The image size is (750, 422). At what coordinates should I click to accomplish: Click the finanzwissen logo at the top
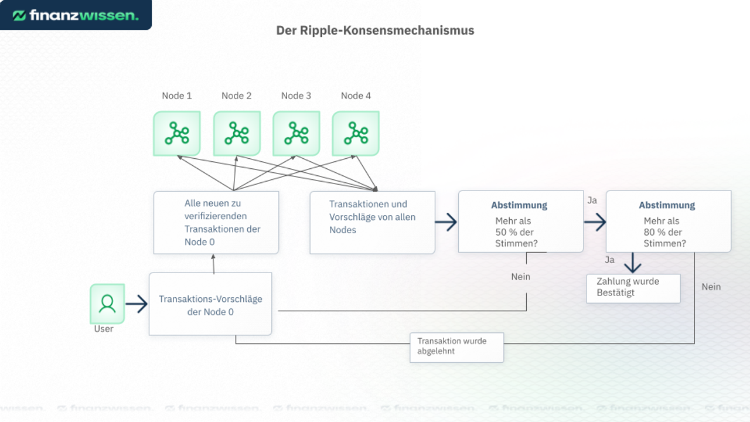click(75, 15)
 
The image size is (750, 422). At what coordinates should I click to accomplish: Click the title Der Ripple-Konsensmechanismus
click(375, 30)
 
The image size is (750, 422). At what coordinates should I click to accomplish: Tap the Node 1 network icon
click(177, 134)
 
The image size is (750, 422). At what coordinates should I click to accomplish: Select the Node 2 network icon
click(237, 134)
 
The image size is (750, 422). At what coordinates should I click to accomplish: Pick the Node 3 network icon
click(296, 134)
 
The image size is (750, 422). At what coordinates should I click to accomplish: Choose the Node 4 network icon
click(356, 134)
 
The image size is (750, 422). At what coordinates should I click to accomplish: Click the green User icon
click(107, 304)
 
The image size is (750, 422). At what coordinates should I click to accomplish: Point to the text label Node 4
click(356, 96)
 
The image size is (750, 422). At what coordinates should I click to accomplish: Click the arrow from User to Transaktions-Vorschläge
click(137, 304)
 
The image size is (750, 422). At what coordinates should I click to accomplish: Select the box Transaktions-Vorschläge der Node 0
click(210, 304)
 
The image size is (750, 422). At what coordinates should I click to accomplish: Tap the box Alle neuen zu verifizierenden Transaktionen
click(216, 223)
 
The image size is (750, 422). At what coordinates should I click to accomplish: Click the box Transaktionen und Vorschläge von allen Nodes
click(372, 223)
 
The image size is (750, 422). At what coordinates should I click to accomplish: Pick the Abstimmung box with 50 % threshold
click(520, 222)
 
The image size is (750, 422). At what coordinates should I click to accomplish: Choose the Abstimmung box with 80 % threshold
click(668, 222)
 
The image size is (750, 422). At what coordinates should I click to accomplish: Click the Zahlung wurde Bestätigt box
click(633, 288)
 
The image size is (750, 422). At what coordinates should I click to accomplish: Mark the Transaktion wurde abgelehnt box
click(456, 347)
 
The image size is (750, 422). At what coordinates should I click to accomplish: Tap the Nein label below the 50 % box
click(520, 277)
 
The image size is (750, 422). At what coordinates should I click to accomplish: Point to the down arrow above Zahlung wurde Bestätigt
click(632, 263)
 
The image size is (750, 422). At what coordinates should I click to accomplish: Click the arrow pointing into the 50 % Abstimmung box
click(446, 222)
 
